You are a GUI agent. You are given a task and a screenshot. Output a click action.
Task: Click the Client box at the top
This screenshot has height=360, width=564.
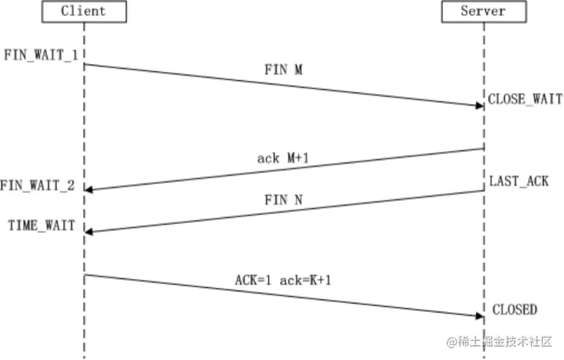pyautogui.click(x=84, y=12)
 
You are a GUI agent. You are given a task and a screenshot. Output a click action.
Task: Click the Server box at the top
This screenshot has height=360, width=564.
pyautogui.click(x=483, y=12)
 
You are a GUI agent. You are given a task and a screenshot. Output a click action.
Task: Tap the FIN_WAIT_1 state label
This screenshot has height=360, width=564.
pyautogui.click(x=39, y=54)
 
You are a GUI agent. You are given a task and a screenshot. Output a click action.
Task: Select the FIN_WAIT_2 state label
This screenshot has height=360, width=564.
pyautogui.click(x=37, y=185)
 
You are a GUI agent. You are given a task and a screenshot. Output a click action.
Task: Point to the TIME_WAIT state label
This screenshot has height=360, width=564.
pyautogui.click(x=41, y=225)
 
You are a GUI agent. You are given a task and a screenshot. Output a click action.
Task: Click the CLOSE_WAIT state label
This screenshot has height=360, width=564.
pyautogui.click(x=525, y=99)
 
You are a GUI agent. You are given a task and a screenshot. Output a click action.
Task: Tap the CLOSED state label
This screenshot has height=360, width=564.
pyautogui.click(x=514, y=310)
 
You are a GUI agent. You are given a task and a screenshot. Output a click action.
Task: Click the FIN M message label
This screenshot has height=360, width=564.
pyautogui.click(x=283, y=70)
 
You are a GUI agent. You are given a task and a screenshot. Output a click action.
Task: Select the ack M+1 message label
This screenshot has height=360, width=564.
pyautogui.click(x=283, y=158)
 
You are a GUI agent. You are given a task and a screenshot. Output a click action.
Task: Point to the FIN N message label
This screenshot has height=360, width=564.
pyautogui.click(x=283, y=200)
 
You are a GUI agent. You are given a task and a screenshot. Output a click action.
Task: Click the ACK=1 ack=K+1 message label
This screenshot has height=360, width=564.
pyautogui.click(x=283, y=280)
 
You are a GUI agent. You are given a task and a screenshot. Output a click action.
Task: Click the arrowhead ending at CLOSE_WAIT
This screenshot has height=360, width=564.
pyautogui.click(x=478, y=105)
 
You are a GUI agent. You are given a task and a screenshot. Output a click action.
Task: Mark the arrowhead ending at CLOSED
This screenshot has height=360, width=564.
pyautogui.click(x=478, y=315)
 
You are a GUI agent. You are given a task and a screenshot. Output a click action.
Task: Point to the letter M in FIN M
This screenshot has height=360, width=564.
pyautogui.click(x=298, y=70)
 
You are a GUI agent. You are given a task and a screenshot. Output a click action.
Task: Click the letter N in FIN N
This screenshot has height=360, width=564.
pyautogui.click(x=298, y=200)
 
